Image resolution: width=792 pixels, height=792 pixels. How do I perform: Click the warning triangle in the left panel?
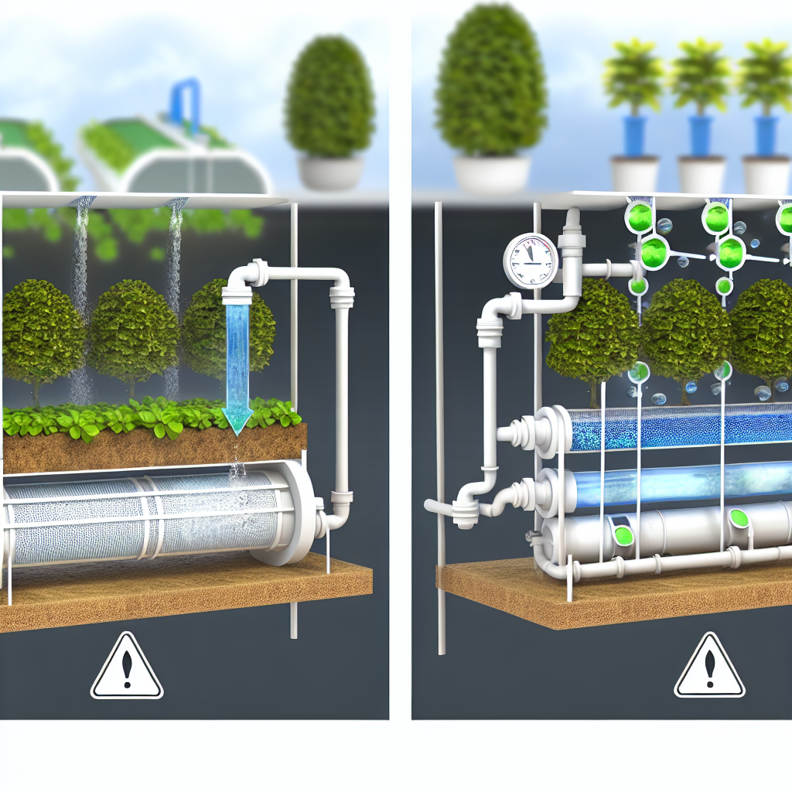pos(127,666)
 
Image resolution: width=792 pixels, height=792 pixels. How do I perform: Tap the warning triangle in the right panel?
pos(709,666)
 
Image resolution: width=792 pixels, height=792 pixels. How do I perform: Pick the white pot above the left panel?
pos(330,172)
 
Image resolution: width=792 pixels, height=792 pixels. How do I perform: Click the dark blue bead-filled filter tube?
pos(673,428)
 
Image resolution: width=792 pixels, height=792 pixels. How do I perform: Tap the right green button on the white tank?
pos(739,516)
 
